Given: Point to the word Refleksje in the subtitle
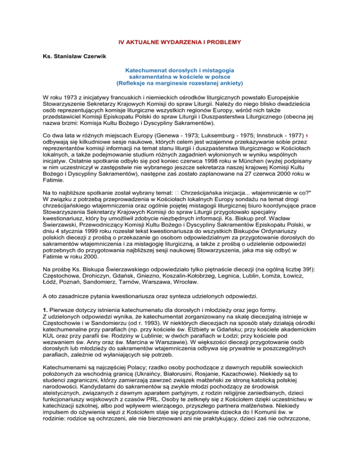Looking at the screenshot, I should [x=151, y=83].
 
